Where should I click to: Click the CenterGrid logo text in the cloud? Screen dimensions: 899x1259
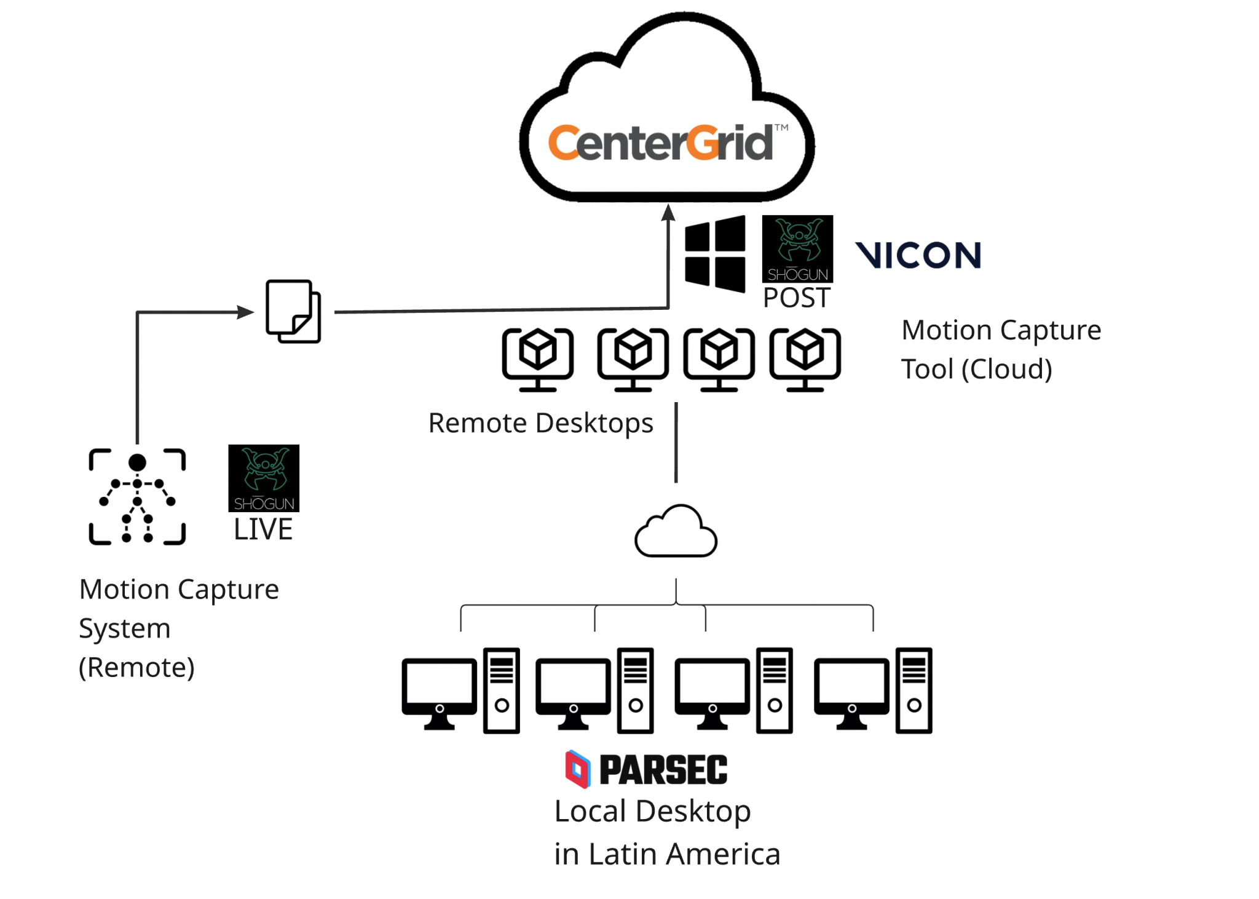660,143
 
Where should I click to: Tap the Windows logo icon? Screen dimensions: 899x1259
714,253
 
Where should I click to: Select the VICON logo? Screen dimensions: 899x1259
918,255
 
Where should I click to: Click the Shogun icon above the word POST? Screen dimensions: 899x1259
797,248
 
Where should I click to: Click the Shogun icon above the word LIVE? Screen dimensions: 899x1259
264,478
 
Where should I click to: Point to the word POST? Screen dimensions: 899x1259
797,298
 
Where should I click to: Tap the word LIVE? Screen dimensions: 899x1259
263,529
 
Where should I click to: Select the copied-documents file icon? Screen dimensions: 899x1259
293,311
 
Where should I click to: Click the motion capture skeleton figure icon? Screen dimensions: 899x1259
137,496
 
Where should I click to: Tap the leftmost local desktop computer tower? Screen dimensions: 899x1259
502,690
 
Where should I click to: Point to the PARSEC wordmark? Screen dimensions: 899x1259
663,770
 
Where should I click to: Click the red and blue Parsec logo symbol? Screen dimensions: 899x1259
577,769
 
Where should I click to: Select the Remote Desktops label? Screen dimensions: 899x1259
540,423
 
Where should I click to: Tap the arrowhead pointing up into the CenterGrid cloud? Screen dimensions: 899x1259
668,213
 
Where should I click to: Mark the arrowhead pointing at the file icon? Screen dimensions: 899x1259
246,312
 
